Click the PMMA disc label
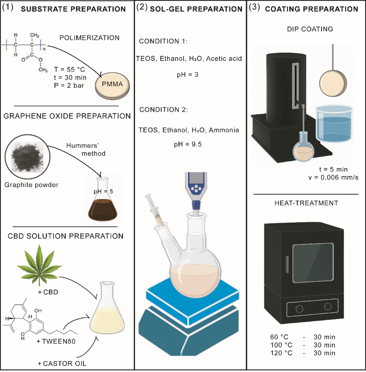tap(112, 84)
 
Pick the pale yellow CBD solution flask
tap(107, 319)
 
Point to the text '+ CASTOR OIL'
tap(62, 364)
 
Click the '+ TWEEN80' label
tap(56, 341)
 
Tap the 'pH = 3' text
tap(188, 74)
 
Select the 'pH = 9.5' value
tap(188, 144)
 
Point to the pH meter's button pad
tap(196, 188)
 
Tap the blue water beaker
tap(334, 127)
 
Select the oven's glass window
tap(313, 263)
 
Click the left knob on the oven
tap(299, 309)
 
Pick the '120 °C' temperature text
tap(281, 353)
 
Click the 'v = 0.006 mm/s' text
tap(333, 177)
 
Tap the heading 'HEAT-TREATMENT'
tap(306, 203)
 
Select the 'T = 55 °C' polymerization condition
tap(69, 70)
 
